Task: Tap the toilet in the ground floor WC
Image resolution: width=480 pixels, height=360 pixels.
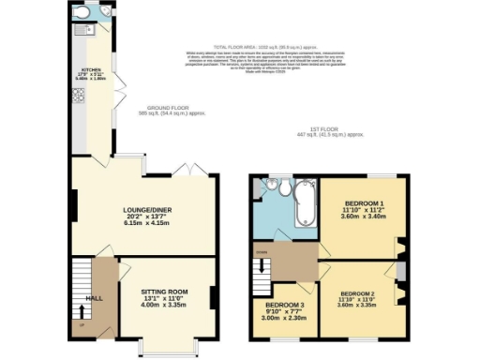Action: click(x=82, y=14)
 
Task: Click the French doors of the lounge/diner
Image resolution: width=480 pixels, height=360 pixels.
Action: click(x=184, y=170)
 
